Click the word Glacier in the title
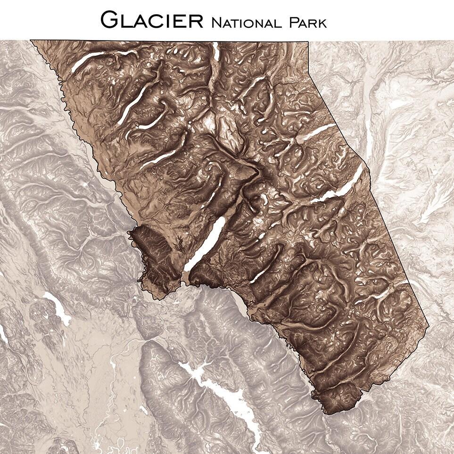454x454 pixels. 152,19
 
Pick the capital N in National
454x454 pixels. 217,22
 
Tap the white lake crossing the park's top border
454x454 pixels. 216,50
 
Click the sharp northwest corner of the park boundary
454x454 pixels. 32,41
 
